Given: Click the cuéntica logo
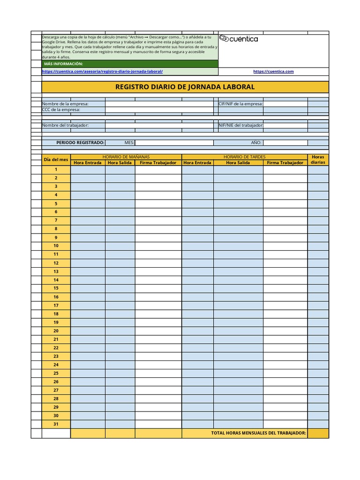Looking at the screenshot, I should [x=239, y=39].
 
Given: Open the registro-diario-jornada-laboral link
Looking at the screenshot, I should [x=102, y=71].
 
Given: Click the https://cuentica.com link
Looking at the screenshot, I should [x=273, y=71].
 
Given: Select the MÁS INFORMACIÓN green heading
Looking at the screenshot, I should [x=63, y=64].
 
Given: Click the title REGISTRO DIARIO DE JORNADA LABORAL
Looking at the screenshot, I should [x=185, y=87].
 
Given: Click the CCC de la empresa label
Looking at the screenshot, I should [x=61, y=110].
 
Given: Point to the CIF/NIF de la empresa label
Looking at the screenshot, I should [x=240, y=104].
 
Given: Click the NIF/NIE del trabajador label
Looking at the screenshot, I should [x=240, y=125].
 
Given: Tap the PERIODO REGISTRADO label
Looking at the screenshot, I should [x=80, y=142].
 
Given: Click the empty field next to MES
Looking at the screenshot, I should [x=174, y=142].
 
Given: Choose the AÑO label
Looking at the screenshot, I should [x=256, y=142].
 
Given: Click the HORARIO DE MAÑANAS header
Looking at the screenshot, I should [x=126, y=157].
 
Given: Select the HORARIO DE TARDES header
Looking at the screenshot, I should [x=244, y=157].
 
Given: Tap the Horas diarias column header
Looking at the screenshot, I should [x=318, y=159].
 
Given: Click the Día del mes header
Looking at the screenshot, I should [x=56, y=160].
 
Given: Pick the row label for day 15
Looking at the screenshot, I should [x=56, y=288].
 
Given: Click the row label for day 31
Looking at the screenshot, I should [x=56, y=424].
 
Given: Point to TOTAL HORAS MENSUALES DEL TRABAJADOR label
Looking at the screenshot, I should [x=259, y=433].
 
